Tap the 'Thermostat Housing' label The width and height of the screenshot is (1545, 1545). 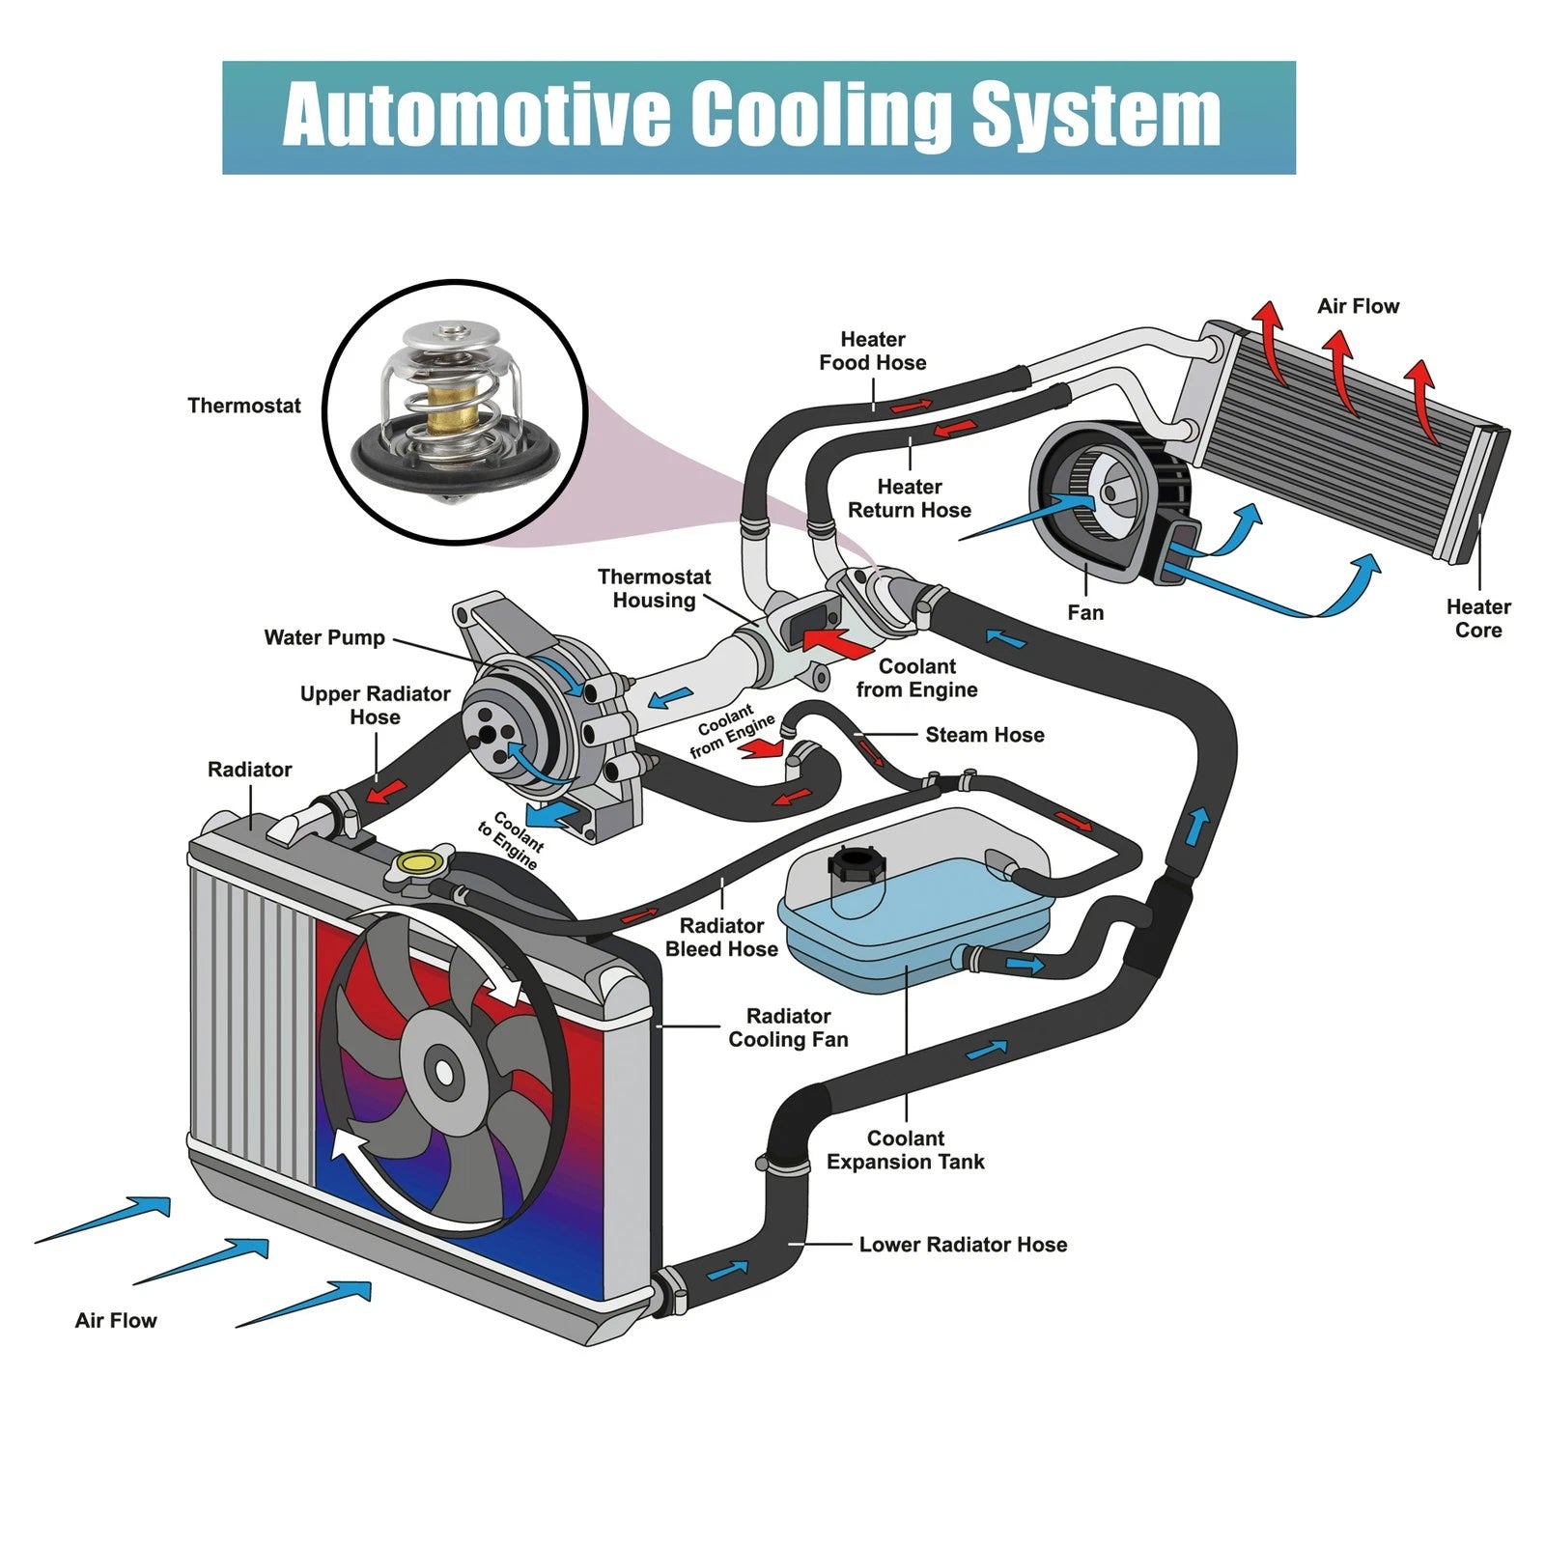click(x=654, y=588)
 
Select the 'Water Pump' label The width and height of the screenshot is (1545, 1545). click(x=324, y=637)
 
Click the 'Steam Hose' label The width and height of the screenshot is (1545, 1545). click(x=985, y=735)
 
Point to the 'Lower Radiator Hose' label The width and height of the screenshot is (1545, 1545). click(x=963, y=1245)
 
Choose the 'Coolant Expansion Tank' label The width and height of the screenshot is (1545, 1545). click(x=905, y=1150)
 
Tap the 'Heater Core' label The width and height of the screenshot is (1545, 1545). click(x=1478, y=618)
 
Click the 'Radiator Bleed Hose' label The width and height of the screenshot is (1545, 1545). click(x=721, y=938)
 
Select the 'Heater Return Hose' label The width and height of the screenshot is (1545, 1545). click(x=910, y=498)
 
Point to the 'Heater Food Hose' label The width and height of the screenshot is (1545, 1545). click(x=873, y=351)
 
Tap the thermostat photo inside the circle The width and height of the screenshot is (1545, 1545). click(x=454, y=410)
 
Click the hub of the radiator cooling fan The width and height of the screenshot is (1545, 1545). click(x=443, y=1071)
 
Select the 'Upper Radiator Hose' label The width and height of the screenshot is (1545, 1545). click(x=375, y=705)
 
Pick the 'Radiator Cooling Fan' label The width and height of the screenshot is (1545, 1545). click(x=788, y=1027)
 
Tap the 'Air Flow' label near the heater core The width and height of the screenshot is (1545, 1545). click(x=1358, y=306)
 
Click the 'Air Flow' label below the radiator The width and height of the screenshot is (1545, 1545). click(x=116, y=1320)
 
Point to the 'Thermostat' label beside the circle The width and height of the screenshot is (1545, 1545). click(x=244, y=406)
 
